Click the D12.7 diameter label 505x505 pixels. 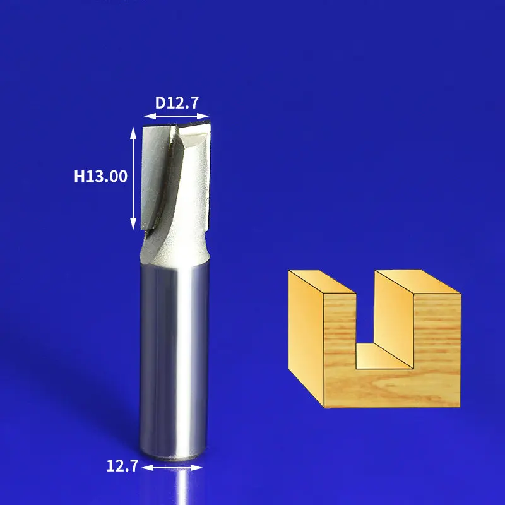tap(177, 103)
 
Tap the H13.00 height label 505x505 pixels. tap(101, 177)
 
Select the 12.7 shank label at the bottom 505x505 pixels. tap(122, 466)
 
